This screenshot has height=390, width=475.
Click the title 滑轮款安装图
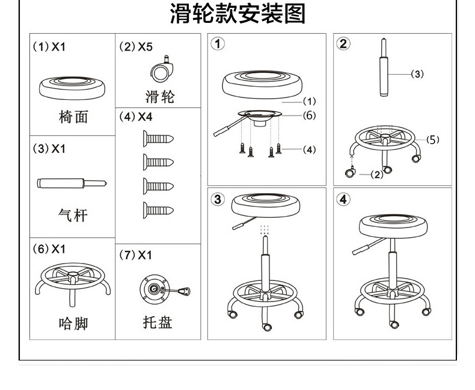click(x=237, y=14)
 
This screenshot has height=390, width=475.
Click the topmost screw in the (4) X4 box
click(x=158, y=138)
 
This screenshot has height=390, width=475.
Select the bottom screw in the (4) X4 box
click(x=158, y=210)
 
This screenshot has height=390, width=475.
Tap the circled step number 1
click(x=218, y=44)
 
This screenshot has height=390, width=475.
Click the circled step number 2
click(x=343, y=43)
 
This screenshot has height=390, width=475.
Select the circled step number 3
click(x=218, y=199)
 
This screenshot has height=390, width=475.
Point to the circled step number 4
click(x=343, y=199)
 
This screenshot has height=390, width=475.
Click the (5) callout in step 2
click(x=433, y=139)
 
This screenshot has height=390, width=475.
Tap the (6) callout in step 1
click(x=308, y=116)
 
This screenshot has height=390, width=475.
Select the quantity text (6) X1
click(x=50, y=249)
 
